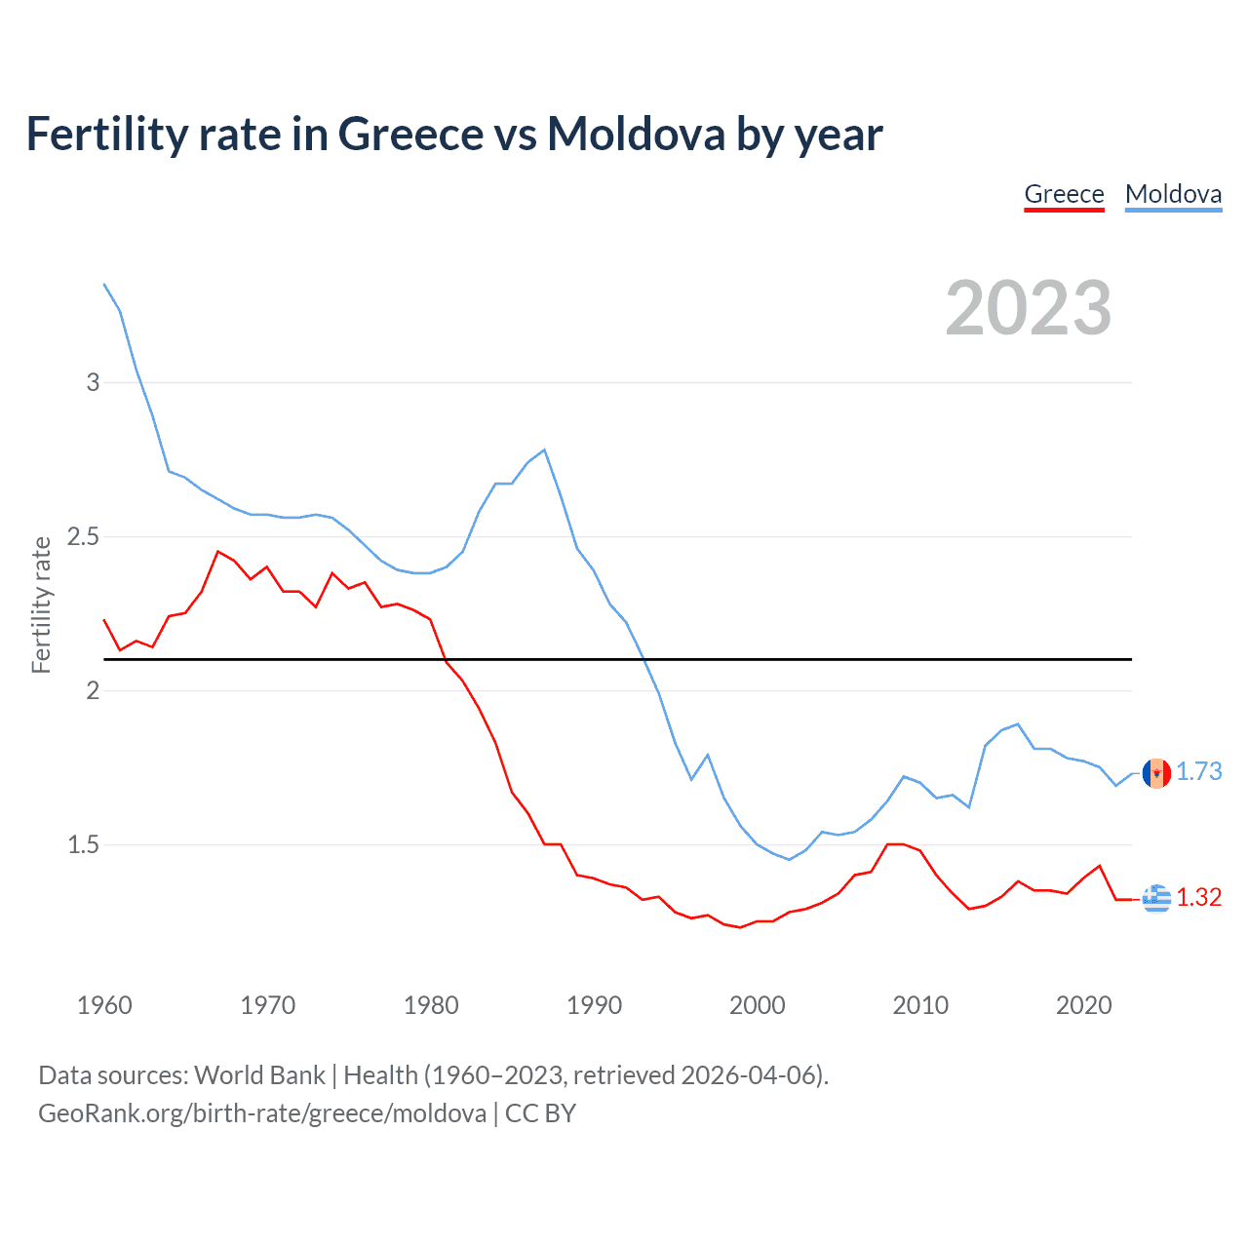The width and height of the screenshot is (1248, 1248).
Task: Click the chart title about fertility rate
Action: coord(453,134)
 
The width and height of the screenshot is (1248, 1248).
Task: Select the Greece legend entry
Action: coord(1064,194)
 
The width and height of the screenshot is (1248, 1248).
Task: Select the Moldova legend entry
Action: coord(1173,194)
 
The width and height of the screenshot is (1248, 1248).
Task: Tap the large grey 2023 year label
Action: coord(1028,308)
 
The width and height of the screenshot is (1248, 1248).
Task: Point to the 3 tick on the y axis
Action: coord(93,382)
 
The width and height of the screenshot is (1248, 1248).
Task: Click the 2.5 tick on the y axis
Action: coord(83,536)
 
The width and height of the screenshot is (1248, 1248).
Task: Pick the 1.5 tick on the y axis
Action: coord(83,844)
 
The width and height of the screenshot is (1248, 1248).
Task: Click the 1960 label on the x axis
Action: coord(104,1005)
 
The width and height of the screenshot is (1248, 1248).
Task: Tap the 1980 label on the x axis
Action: coord(431,1005)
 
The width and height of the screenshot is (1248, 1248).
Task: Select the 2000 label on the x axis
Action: coord(757,1005)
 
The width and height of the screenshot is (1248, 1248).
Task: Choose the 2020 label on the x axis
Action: coord(1083,1005)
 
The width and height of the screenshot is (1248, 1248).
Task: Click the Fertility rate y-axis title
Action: coord(41,604)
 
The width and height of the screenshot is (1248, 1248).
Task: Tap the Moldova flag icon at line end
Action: coord(1156,772)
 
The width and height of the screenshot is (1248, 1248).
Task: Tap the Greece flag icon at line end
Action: coord(1156,898)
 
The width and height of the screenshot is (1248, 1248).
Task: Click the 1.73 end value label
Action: coord(1198,771)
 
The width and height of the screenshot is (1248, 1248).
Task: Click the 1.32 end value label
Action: coord(1198,897)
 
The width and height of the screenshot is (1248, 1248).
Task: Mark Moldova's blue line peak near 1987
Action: coord(544,450)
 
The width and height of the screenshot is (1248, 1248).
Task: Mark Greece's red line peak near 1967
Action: coord(218,552)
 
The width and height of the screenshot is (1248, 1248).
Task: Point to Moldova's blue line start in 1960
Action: coord(104,284)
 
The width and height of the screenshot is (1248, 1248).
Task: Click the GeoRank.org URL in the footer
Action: coord(262,1113)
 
